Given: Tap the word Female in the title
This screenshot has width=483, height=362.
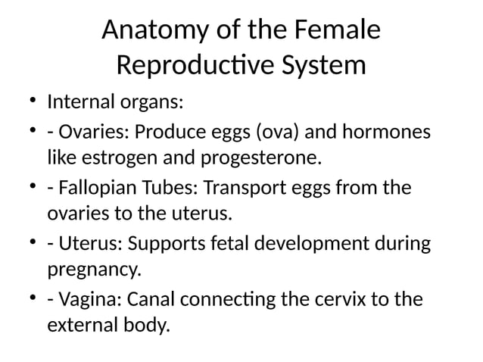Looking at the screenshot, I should (x=338, y=31).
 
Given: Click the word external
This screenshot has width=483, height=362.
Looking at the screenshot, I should (x=83, y=327).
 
